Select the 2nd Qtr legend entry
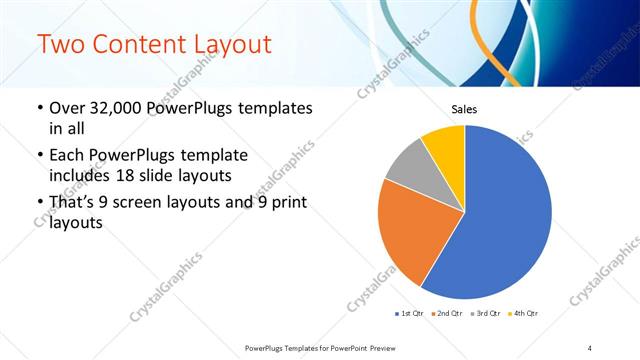pyautogui.click(x=448, y=314)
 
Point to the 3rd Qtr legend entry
pyautogui.click(x=485, y=314)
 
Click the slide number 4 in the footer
pyautogui.click(x=590, y=347)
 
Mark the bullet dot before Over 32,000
pyautogui.click(x=39, y=109)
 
